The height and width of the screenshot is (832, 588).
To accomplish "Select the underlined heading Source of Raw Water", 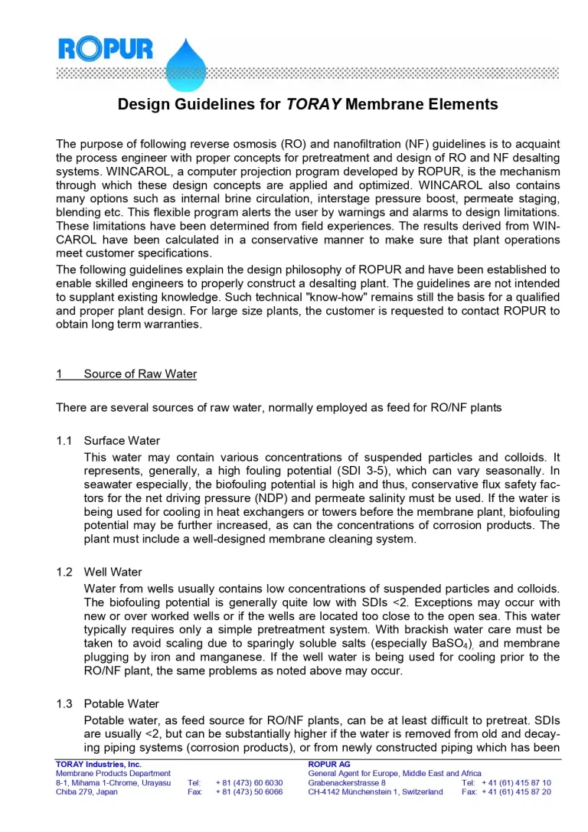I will tap(140, 374).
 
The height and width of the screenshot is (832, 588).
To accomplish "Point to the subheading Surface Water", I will tap(122, 441).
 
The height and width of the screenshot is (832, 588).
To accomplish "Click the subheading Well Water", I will tap(113, 572).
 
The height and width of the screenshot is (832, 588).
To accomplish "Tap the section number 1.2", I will tap(64, 572).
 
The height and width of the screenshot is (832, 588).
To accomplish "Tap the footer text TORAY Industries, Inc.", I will tap(99, 764).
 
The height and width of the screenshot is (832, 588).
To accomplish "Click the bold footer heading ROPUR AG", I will tap(329, 764).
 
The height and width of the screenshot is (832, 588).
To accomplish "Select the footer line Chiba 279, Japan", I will tap(87, 792).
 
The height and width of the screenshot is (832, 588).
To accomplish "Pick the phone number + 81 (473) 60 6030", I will tap(250, 783).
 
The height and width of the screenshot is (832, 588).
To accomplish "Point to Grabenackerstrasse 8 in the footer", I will tap(347, 783).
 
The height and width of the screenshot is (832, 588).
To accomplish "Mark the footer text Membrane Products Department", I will tap(113, 773).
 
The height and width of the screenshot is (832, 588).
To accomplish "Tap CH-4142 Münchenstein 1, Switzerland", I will tap(375, 792).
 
